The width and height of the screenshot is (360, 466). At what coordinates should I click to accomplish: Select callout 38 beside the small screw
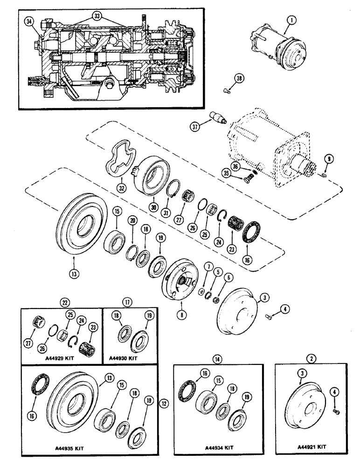[x=239, y=80]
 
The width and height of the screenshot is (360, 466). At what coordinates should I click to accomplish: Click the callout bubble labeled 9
[x=329, y=159]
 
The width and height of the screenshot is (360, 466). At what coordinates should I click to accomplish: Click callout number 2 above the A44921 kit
[x=311, y=346]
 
